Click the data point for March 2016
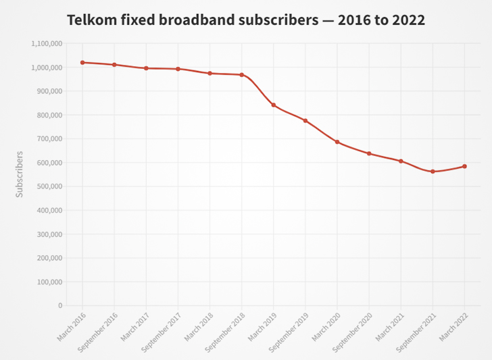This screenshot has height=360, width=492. click(x=82, y=63)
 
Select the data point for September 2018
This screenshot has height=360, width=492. click(x=241, y=75)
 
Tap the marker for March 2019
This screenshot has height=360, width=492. click(x=273, y=105)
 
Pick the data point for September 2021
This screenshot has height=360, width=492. click(x=433, y=172)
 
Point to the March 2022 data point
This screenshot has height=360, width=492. click(x=464, y=166)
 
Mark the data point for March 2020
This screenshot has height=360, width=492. click(x=337, y=142)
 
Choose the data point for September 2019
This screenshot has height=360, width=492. click(x=305, y=121)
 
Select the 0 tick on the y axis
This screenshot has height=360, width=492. click(x=60, y=306)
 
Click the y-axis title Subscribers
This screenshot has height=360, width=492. click(x=20, y=174)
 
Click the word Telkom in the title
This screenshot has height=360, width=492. click(x=91, y=20)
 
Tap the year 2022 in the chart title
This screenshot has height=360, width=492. click(x=406, y=20)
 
